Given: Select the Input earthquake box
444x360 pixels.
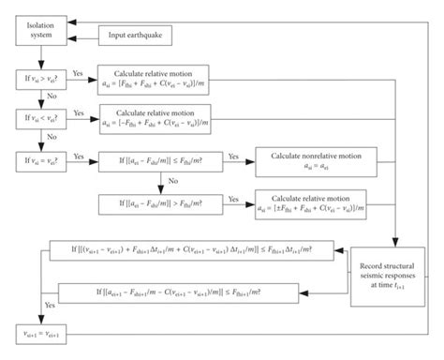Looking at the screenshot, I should pos(138,37).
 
